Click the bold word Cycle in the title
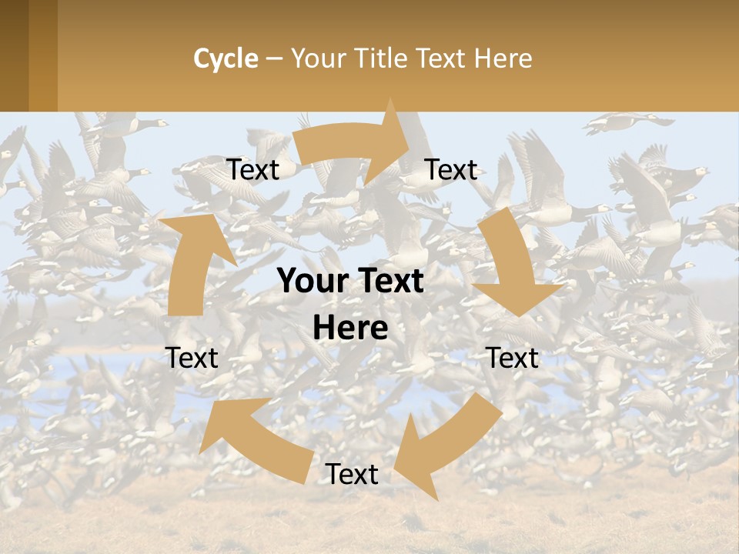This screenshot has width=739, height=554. click(226, 58)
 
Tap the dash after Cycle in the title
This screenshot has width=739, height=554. click(274, 59)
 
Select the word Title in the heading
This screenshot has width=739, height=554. click(381, 58)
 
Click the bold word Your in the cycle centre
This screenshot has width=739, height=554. click(310, 281)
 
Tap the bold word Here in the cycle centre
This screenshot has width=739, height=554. click(350, 329)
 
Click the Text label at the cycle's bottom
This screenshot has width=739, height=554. click(352, 475)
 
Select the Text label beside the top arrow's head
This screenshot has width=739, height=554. click(451, 169)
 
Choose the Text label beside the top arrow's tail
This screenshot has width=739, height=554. click(252, 169)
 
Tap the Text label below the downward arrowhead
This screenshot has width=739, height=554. click(513, 358)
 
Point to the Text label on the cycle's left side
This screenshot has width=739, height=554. click(192, 358)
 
